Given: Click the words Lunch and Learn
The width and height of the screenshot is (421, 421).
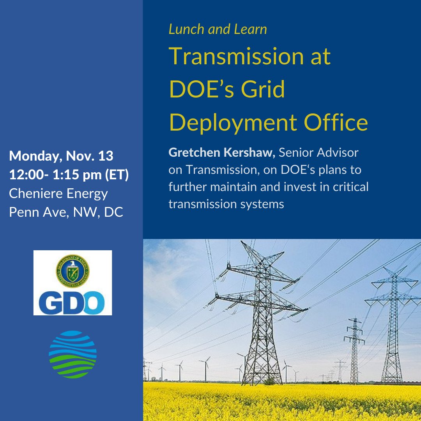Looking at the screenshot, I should [218, 30].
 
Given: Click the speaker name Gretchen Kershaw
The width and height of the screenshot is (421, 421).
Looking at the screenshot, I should [222, 153].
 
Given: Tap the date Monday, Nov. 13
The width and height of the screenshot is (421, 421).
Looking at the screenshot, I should [61, 157].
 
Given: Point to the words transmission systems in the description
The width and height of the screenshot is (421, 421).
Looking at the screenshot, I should [226, 204].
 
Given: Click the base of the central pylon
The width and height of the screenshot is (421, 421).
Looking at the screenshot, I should [263, 380].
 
